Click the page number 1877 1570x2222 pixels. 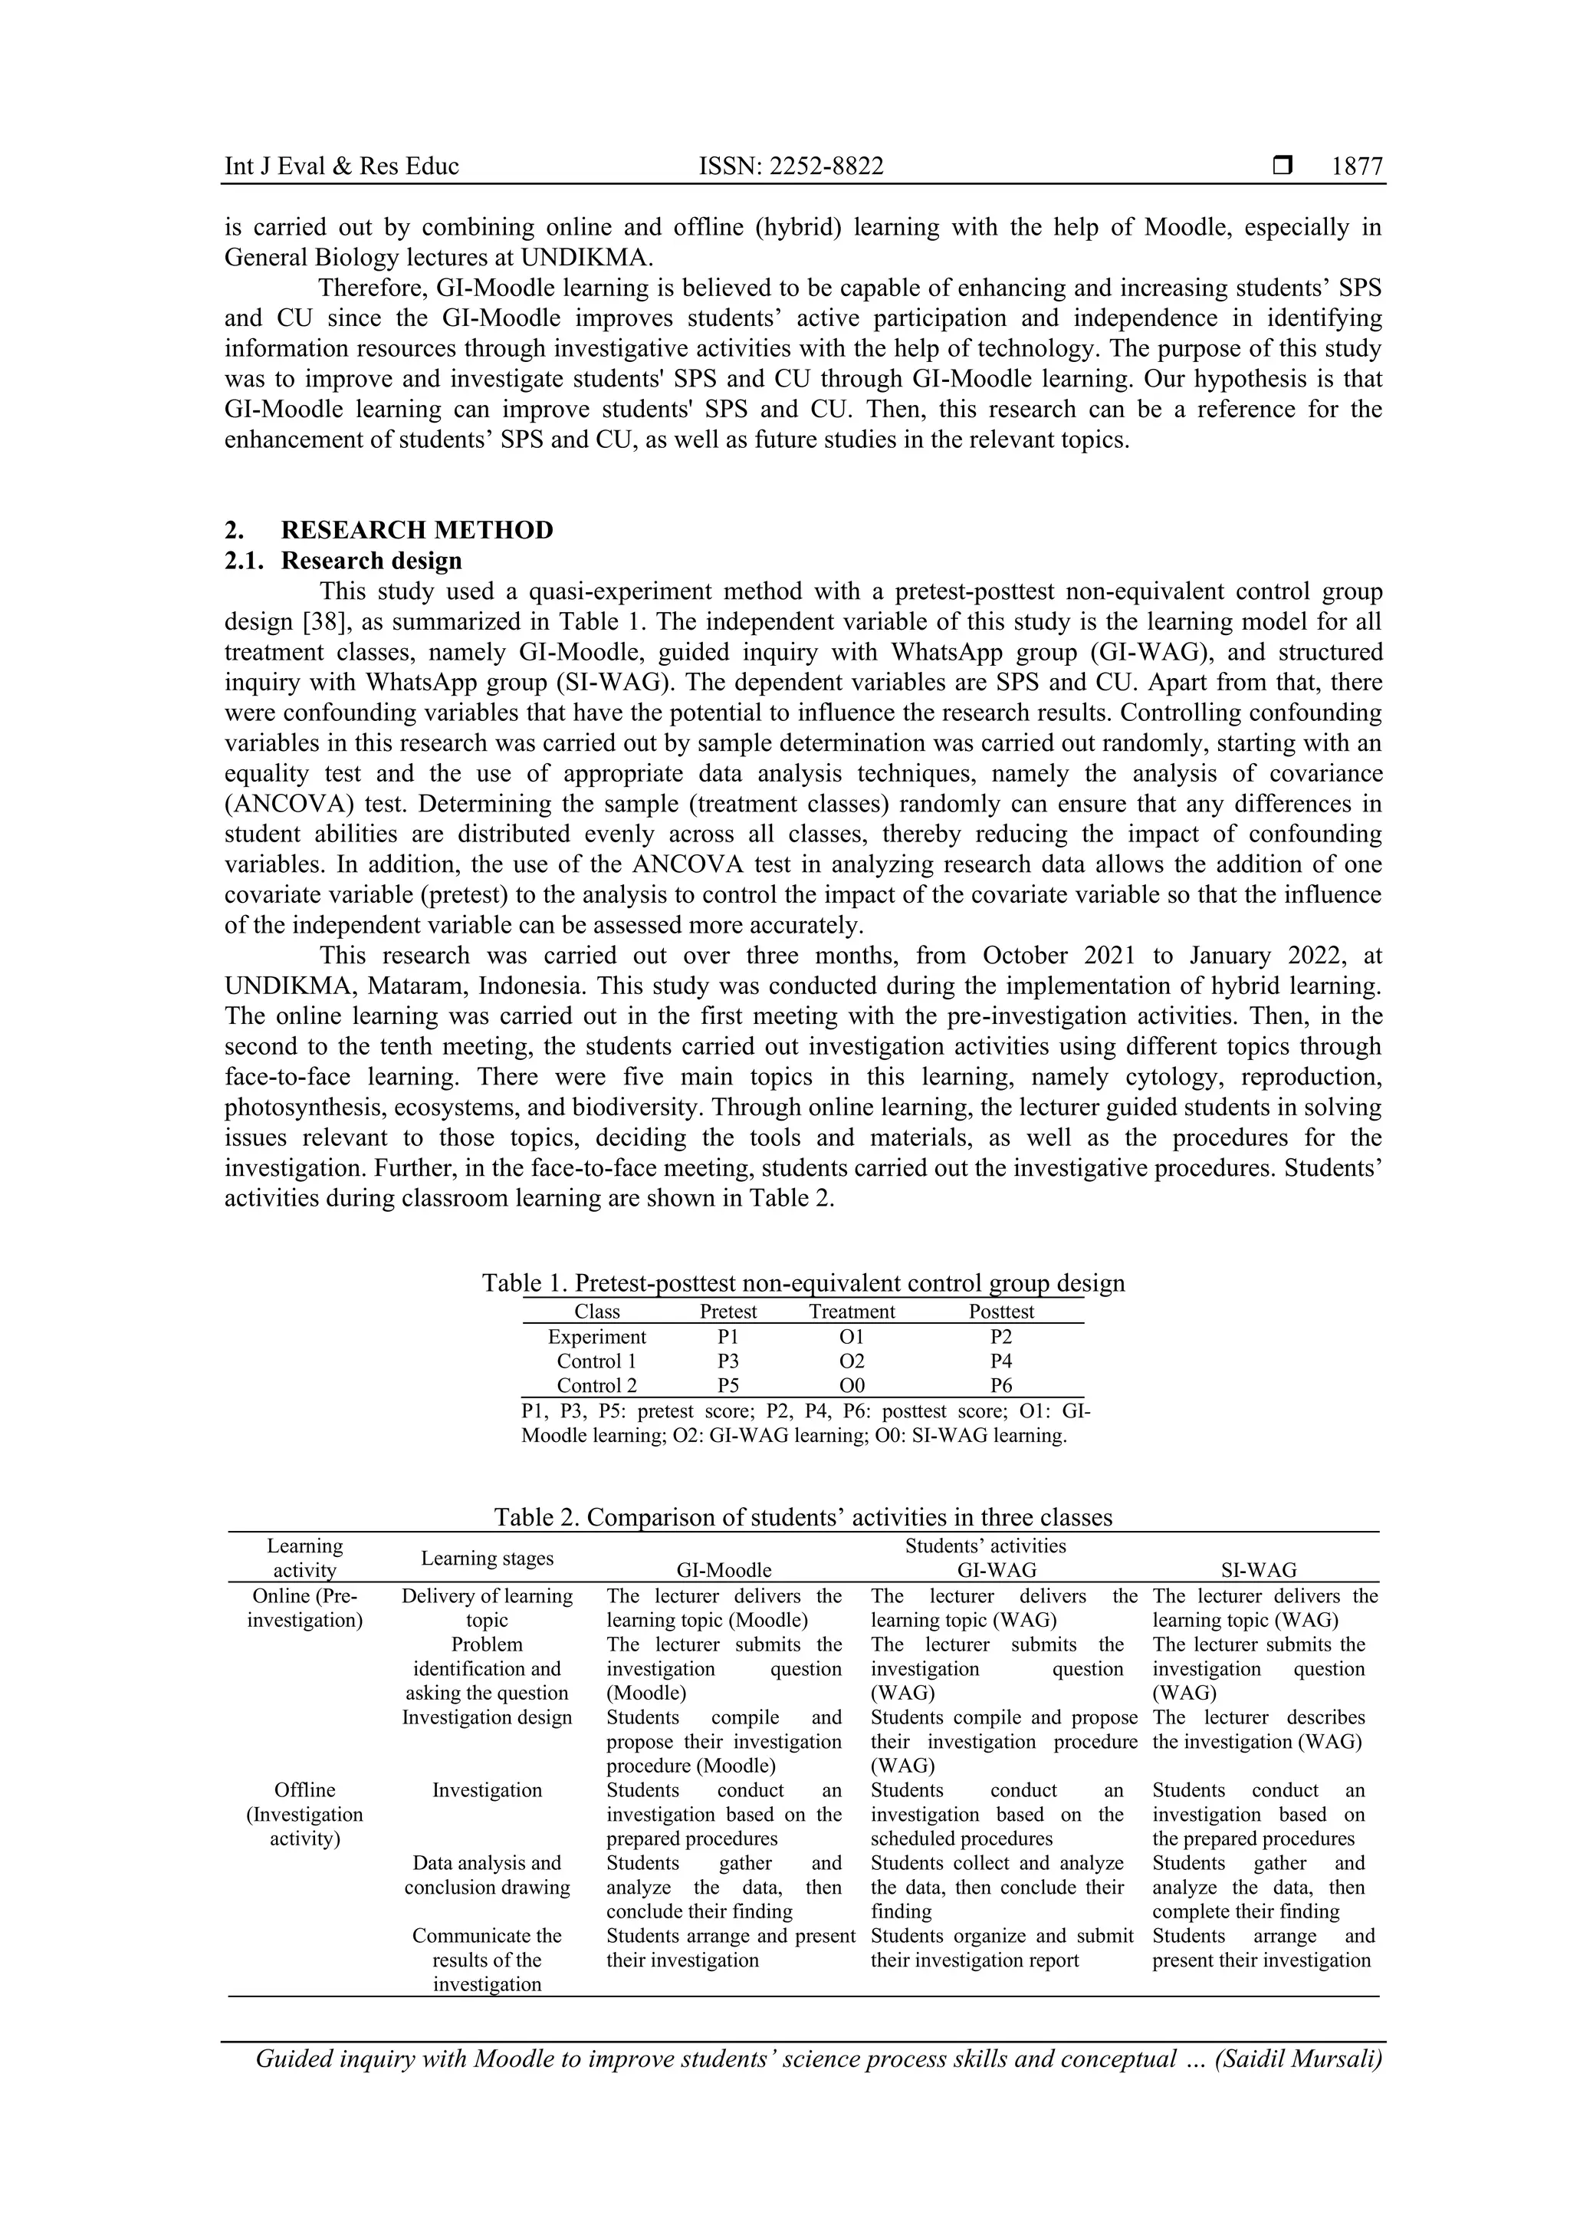coord(1356,166)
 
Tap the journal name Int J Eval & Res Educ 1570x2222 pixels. coord(341,166)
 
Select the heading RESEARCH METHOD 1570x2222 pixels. coord(417,530)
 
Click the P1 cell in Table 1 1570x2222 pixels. coord(728,1336)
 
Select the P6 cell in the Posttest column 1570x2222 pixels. coord(1001,1385)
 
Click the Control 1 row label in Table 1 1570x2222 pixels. coord(597,1361)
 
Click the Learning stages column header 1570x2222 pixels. coord(487,1558)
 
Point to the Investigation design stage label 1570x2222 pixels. coord(487,1717)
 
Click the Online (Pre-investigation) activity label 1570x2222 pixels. coord(304,1608)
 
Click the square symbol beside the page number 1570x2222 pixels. coord(1283,166)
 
